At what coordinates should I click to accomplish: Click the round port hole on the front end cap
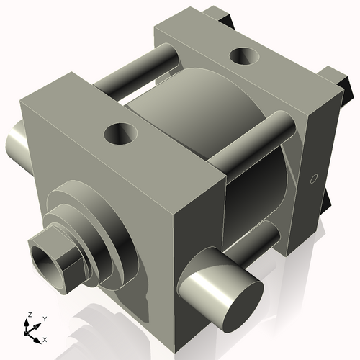[121, 133]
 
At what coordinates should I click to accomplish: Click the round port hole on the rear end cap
[244, 56]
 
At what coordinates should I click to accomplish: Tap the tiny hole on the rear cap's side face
[314, 179]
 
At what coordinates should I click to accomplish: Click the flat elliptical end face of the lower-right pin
[243, 306]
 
